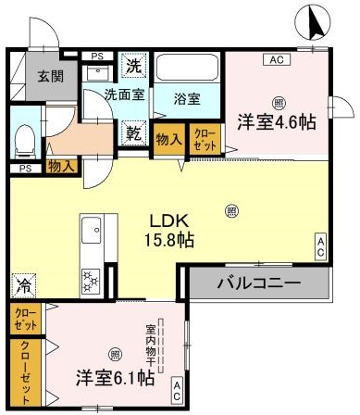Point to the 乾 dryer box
135,132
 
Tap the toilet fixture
25,138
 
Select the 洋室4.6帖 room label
276,120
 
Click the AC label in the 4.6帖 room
275,61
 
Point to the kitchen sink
93,232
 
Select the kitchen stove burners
93,277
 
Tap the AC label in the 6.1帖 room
177,389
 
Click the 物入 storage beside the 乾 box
168,140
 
